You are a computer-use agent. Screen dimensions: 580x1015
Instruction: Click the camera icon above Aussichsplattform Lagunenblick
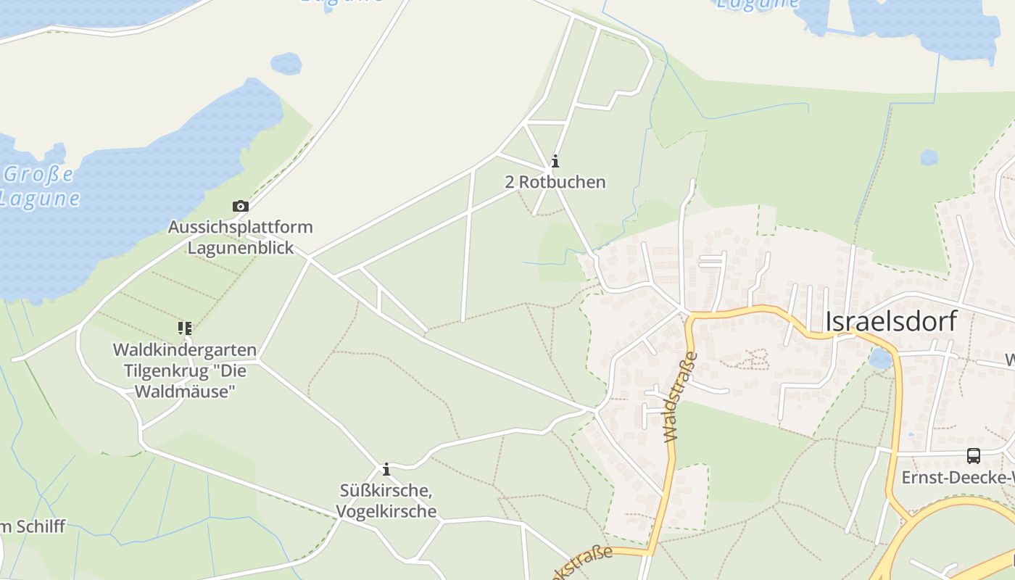pyautogui.click(x=240, y=207)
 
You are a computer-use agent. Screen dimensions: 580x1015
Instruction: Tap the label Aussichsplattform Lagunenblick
pyautogui.click(x=241, y=237)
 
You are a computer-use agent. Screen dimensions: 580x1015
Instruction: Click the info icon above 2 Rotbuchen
pyautogui.click(x=555, y=162)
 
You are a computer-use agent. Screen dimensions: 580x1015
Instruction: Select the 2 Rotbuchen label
pyautogui.click(x=555, y=182)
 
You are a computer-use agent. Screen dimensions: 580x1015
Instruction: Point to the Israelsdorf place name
pyautogui.click(x=891, y=321)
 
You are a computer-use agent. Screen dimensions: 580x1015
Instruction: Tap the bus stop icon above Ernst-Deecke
pyautogui.click(x=973, y=456)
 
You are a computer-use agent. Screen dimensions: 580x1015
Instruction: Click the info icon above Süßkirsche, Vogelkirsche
pyautogui.click(x=386, y=470)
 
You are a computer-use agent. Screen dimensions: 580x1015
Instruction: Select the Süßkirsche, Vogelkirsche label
pyautogui.click(x=386, y=501)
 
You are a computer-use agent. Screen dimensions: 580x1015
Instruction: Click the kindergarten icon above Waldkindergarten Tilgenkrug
pyautogui.click(x=185, y=328)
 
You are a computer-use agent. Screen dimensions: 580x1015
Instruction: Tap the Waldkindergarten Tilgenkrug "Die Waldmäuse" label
pyautogui.click(x=185, y=371)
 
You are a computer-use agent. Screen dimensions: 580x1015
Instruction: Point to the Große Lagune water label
pyautogui.click(x=40, y=186)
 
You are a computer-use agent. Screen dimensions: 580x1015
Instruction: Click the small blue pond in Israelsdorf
pyautogui.click(x=880, y=357)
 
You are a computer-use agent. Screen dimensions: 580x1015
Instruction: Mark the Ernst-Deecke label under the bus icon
pyautogui.click(x=957, y=478)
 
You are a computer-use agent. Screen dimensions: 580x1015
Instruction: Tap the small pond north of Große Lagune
pyautogui.click(x=286, y=63)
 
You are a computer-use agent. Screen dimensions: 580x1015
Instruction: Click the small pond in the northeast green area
pyautogui.click(x=929, y=157)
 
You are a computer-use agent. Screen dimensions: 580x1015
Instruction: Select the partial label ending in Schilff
pyautogui.click(x=33, y=526)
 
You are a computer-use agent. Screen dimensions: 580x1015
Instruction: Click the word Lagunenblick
pyautogui.click(x=241, y=248)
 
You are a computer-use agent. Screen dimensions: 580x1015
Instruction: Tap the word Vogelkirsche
pyautogui.click(x=386, y=511)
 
